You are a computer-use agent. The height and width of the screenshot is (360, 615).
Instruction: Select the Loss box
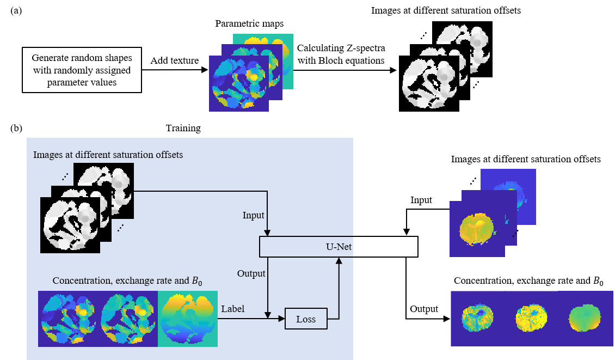click(x=306, y=319)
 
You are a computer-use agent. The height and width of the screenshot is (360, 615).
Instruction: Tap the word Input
click(x=253, y=216)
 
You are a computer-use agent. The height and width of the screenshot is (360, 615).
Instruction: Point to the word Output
click(x=251, y=273)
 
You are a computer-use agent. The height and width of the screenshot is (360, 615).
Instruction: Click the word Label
click(x=232, y=309)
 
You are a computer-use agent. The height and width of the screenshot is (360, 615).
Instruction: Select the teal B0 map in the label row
click(x=188, y=319)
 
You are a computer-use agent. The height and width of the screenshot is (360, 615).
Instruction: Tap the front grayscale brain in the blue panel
click(x=70, y=225)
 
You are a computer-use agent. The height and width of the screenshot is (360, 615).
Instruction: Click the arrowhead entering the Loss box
click(x=282, y=319)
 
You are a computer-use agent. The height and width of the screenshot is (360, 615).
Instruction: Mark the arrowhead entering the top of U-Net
click(x=267, y=233)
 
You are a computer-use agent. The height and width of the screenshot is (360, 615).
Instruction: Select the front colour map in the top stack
click(x=239, y=83)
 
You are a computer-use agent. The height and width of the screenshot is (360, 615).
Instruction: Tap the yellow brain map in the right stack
click(x=477, y=229)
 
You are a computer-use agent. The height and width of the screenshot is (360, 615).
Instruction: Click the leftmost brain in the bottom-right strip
click(x=477, y=319)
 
